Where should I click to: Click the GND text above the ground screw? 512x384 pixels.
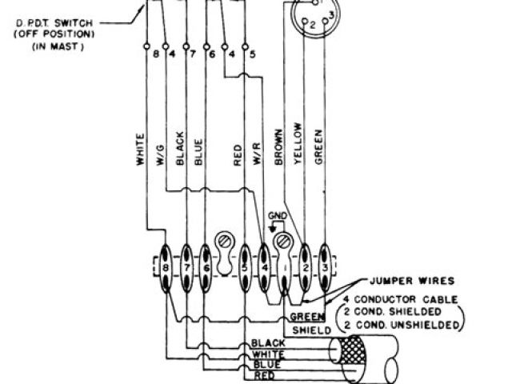pos(277,216)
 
